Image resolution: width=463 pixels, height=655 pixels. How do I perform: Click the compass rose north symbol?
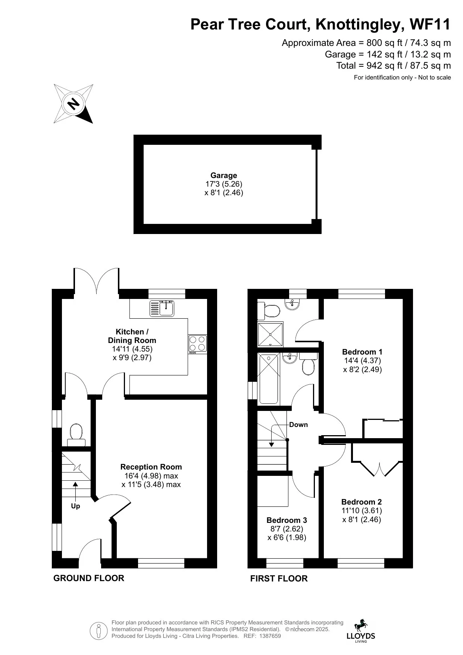pyautogui.click(x=73, y=103)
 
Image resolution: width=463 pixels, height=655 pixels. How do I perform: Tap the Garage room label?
pyautogui.click(x=223, y=175)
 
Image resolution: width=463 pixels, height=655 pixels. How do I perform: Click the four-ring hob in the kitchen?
pyautogui.click(x=197, y=344)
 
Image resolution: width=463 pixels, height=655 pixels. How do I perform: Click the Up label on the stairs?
pyautogui.click(x=75, y=506)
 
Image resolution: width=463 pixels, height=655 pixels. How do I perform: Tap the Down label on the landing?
pyautogui.click(x=298, y=424)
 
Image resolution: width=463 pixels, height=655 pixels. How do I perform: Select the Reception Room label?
pyautogui.click(x=151, y=467)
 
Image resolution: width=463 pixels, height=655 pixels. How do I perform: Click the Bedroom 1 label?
pyautogui.click(x=362, y=352)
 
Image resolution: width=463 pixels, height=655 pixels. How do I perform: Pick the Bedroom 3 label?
pyautogui.click(x=287, y=520)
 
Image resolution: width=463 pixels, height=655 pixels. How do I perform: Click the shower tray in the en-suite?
pyautogui.click(x=270, y=334)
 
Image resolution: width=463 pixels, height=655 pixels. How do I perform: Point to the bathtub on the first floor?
pyautogui.click(x=269, y=379)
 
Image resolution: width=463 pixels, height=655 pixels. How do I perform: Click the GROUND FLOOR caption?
pyautogui.click(x=89, y=578)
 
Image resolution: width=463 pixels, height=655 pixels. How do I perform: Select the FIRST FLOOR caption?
pyautogui.click(x=279, y=578)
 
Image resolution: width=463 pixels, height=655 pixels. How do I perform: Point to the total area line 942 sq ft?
pyautogui.click(x=393, y=66)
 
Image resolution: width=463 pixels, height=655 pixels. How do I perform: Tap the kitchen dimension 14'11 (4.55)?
pyautogui.click(x=132, y=349)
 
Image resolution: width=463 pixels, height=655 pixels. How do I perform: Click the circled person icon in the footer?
pyautogui.click(x=99, y=631)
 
